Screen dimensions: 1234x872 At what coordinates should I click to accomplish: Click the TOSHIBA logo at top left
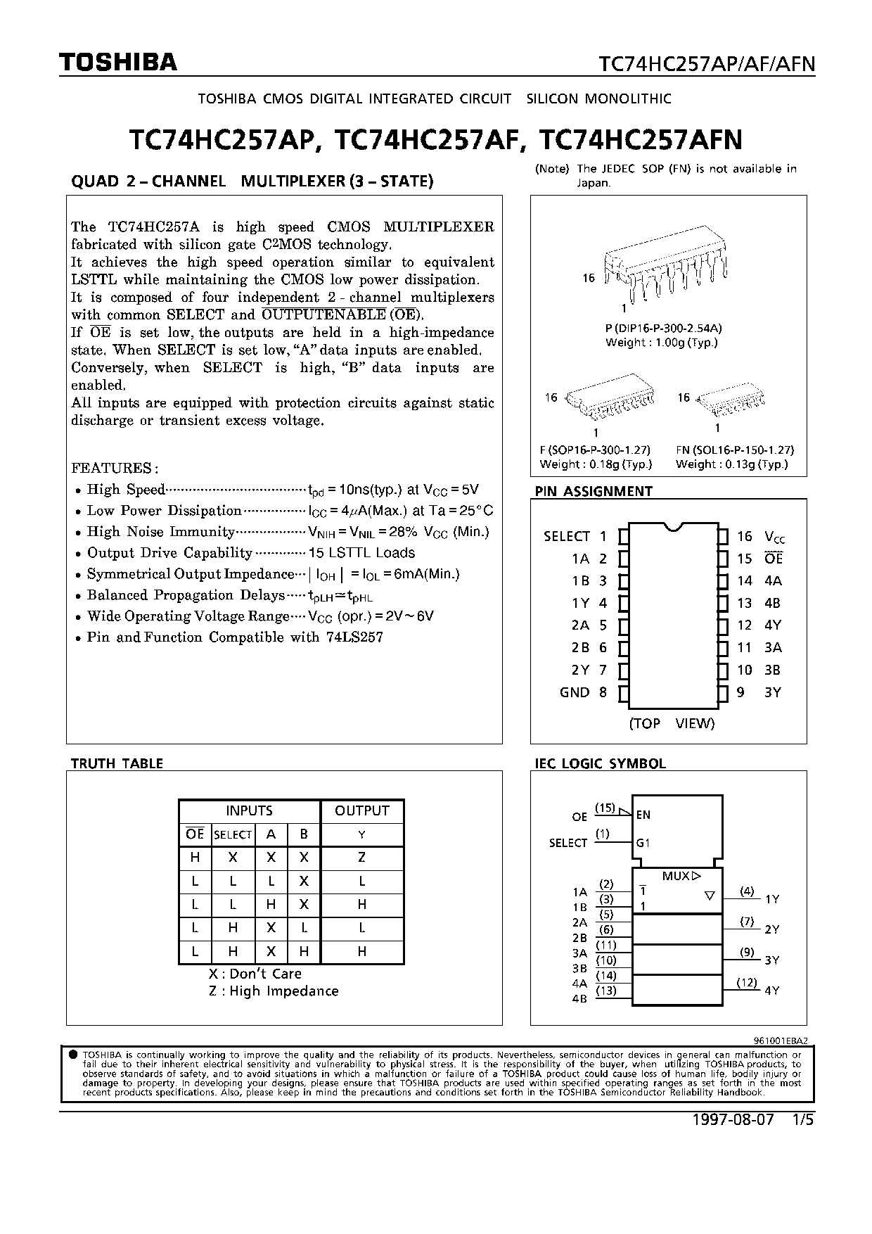[x=117, y=63]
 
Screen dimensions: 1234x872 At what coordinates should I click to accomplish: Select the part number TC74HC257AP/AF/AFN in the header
[x=706, y=64]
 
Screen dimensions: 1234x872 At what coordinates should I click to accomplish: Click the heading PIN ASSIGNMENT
[x=594, y=491]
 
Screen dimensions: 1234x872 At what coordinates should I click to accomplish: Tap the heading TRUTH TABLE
[x=117, y=763]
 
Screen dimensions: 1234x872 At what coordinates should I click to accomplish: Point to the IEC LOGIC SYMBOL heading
[x=600, y=763]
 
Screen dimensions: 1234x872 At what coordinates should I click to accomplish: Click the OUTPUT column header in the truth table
[x=361, y=810]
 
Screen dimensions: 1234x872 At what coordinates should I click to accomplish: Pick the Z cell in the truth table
[x=361, y=858]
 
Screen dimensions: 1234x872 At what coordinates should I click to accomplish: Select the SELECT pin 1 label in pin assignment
[x=567, y=536]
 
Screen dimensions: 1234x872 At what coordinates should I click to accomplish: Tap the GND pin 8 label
[x=575, y=692]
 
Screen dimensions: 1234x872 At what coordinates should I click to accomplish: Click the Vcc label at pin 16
[x=774, y=537]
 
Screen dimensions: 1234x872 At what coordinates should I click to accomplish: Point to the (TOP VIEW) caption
[x=671, y=723]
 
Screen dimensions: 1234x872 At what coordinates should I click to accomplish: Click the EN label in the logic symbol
[x=643, y=815]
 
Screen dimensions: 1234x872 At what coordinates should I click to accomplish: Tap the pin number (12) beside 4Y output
[x=747, y=982]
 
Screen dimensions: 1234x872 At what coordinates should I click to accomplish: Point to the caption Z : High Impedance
[x=273, y=991]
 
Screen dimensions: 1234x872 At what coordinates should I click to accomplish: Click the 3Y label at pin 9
[x=772, y=692]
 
